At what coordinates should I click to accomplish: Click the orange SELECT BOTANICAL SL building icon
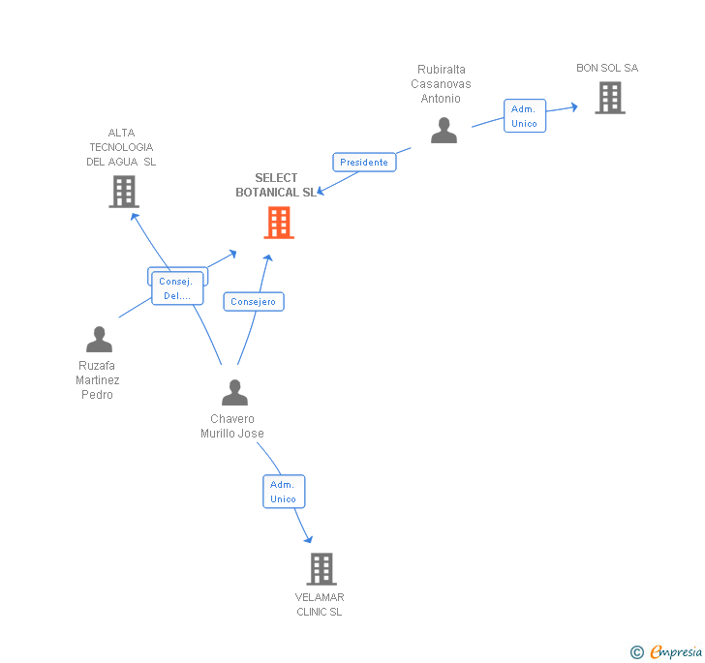tap(279, 223)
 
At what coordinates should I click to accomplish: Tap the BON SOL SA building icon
tap(609, 98)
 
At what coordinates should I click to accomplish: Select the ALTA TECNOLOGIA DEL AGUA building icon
tap(123, 192)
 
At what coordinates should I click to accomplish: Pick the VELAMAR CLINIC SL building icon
tap(322, 569)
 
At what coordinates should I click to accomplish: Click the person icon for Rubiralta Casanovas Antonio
tap(444, 131)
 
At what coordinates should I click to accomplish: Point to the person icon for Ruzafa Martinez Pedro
tap(99, 340)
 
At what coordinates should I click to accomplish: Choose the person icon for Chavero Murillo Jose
tap(234, 393)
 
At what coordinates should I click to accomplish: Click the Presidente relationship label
tap(364, 163)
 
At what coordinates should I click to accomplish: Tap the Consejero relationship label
tap(254, 302)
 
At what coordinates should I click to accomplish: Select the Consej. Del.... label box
tap(177, 288)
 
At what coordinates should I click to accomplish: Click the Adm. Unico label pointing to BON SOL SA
tap(524, 116)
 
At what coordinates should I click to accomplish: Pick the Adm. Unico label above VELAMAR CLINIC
tap(284, 492)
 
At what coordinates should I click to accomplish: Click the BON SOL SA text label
tap(607, 68)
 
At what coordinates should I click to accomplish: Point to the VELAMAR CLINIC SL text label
tap(320, 604)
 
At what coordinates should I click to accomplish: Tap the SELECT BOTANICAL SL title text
tap(276, 185)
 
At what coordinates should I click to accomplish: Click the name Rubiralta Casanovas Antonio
tap(442, 84)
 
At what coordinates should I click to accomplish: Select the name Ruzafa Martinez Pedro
tap(98, 380)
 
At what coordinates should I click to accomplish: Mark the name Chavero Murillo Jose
tap(232, 427)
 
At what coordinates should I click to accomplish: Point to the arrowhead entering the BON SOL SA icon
tap(573, 107)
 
